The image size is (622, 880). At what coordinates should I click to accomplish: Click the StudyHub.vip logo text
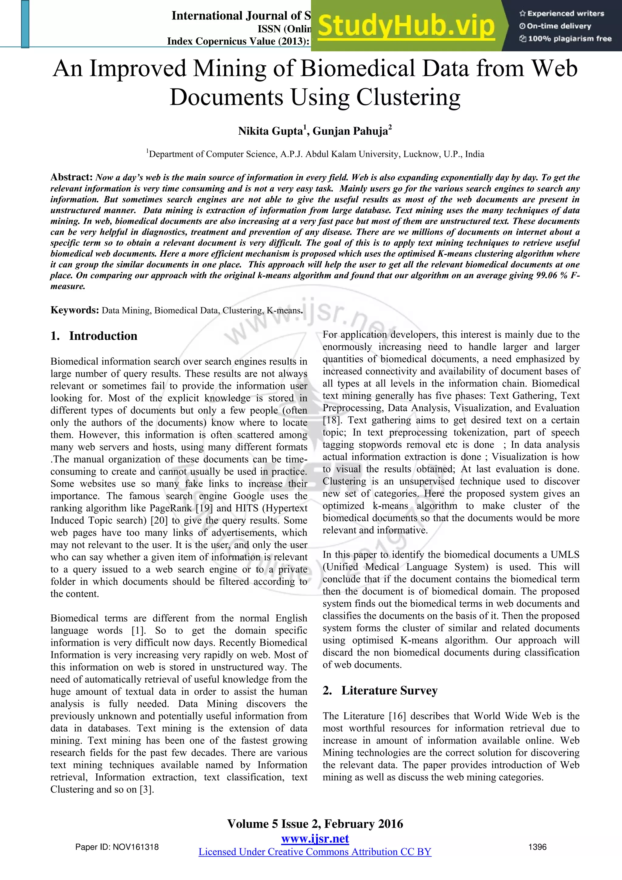(x=406, y=26)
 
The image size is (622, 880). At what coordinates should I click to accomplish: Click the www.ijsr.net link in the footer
(x=315, y=839)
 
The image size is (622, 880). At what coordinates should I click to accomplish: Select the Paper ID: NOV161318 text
(x=117, y=847)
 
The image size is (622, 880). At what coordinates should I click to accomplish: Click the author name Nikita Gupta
(x=270, y=131)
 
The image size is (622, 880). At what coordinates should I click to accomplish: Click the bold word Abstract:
(x=72, y=177)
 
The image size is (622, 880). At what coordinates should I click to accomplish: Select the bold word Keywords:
(x=75, y=310)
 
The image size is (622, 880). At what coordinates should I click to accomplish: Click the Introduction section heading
(x=103, y=336)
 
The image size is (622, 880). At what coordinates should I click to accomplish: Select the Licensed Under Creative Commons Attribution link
(x=315, y=852)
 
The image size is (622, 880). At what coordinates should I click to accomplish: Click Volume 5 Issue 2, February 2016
(x=315, y=824)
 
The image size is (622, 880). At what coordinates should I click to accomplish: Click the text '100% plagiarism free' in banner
(x=569, y=39)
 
